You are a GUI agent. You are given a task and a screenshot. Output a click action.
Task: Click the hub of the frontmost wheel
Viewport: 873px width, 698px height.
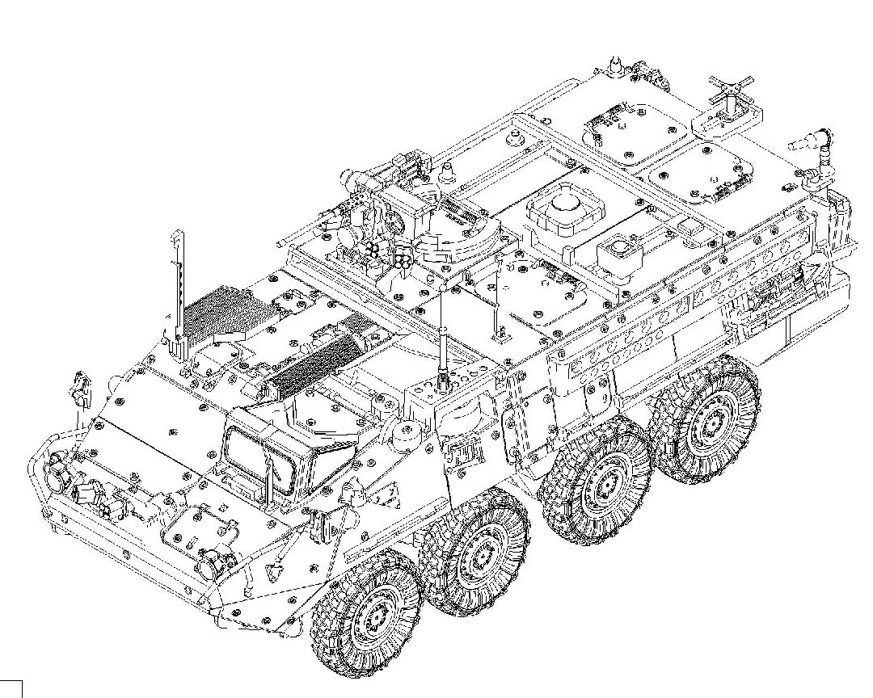tap(373, 618)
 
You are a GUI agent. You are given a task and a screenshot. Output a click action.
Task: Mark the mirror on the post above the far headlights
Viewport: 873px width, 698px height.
tap(79, 386)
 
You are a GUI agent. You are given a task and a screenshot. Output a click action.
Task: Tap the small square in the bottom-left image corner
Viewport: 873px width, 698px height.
tap(11, 689)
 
